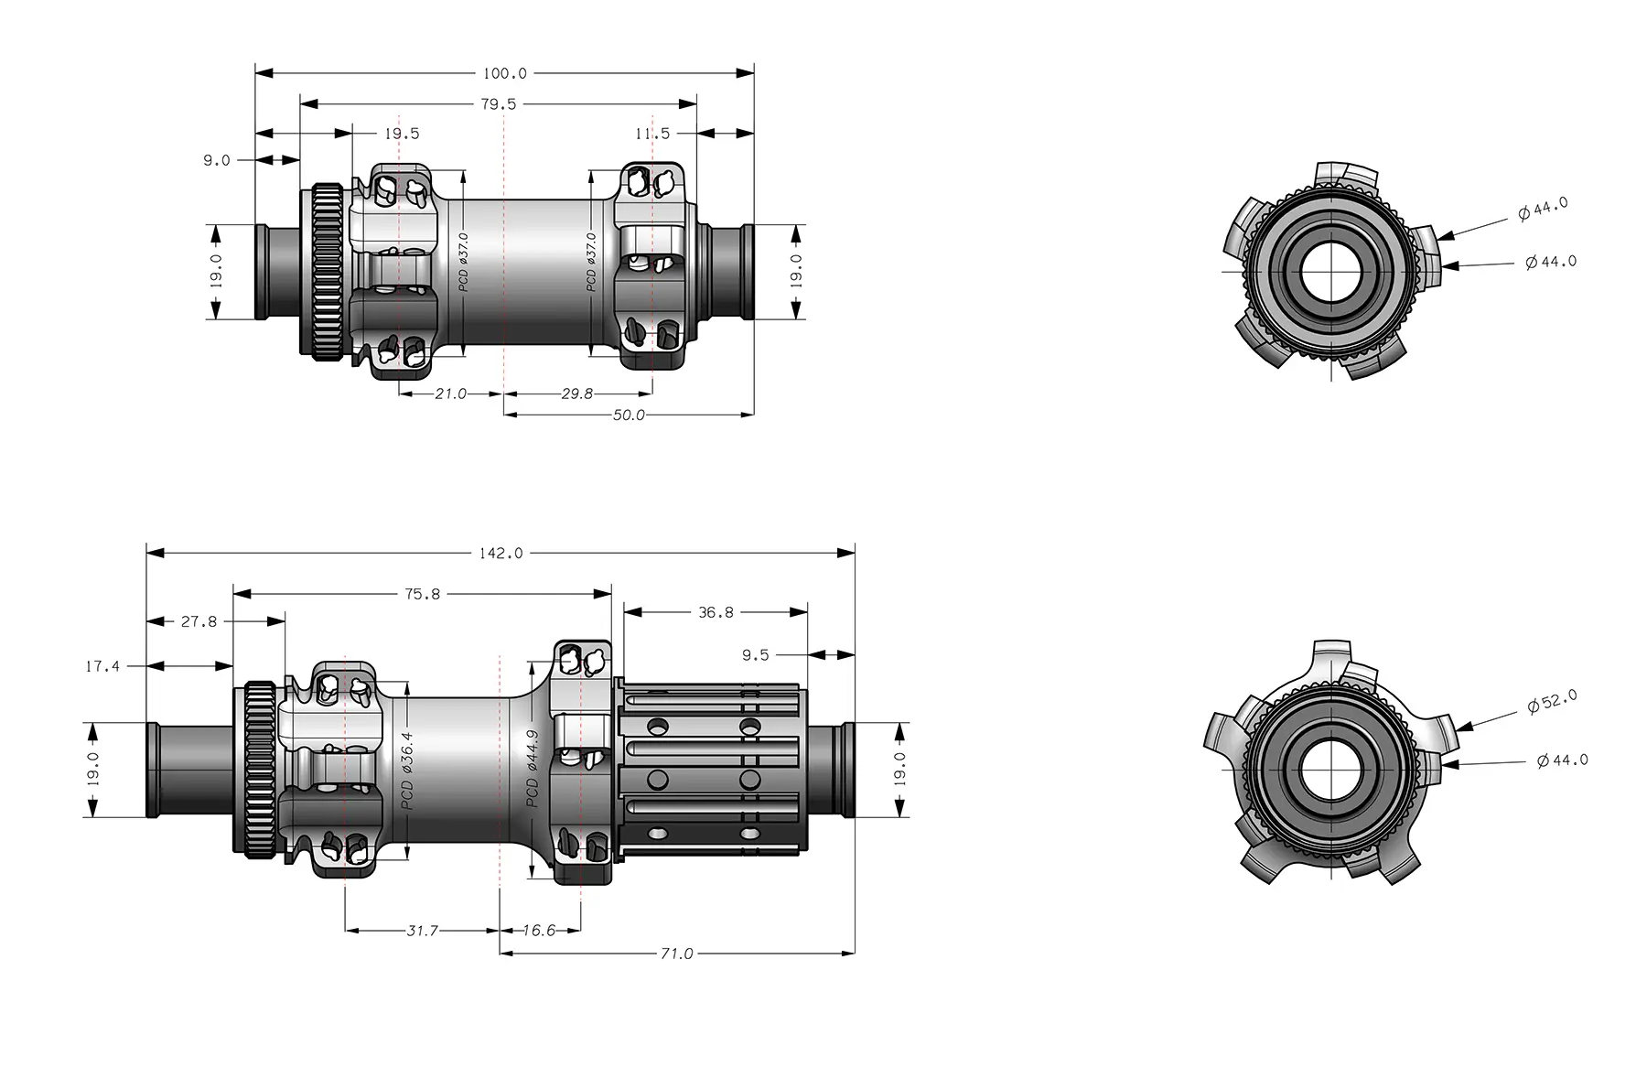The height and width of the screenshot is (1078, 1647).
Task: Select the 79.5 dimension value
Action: pos(499,104)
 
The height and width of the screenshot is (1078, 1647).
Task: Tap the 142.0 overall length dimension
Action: pos(501,553)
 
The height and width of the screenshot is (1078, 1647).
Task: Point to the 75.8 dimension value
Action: pos(422,594)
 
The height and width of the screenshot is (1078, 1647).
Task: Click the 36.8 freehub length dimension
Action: pos(716,612)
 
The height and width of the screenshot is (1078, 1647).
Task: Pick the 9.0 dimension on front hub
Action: pos(216,160)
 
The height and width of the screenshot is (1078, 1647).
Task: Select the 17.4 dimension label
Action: pos(102,666)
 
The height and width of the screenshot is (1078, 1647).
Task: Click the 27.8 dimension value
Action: pos(199,621)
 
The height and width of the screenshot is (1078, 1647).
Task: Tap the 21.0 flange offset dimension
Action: pos(450,393)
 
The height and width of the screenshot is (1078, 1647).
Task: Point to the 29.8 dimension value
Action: pos(576,393)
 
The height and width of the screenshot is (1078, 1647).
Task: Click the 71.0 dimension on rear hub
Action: pos(676,954)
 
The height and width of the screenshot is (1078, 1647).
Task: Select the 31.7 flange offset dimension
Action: pos(422,931)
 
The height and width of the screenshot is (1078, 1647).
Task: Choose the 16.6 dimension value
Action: pos(539,931)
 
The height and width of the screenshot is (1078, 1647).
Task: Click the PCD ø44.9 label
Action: pos(533,769)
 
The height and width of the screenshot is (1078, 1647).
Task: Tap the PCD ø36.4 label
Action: pos(408,770)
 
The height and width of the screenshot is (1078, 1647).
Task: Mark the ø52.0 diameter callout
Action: pos(1552,702)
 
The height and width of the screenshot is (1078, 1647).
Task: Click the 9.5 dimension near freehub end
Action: pos(756,655)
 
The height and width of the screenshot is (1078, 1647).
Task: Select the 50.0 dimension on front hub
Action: pos(629,415)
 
